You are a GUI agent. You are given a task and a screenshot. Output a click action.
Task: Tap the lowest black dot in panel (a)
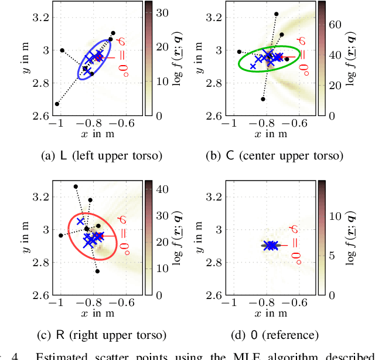tap(57, 104)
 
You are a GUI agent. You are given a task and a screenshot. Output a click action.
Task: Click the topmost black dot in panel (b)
tap(276, 13)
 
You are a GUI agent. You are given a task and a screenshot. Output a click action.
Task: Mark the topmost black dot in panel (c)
tap(76, 186)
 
